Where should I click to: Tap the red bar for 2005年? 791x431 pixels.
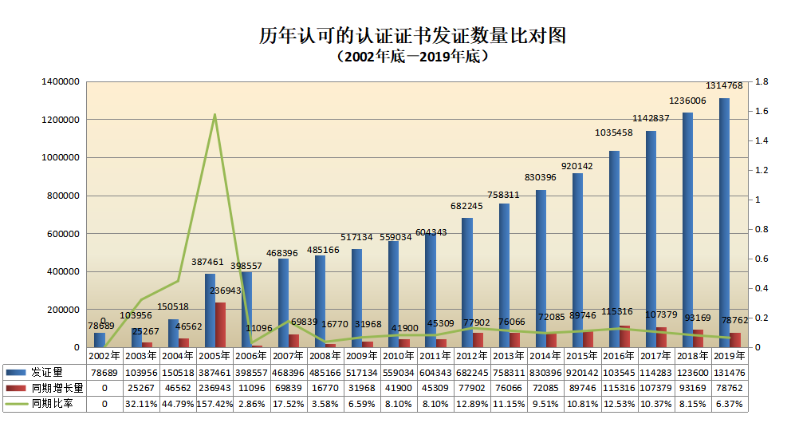pos(220,326)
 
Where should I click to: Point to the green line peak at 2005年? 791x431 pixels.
pos(214,115)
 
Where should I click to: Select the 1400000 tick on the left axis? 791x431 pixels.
pos(61,81)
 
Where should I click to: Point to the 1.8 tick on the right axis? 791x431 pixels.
pos(761,81)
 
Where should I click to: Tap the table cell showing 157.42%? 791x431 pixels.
pos(214,404)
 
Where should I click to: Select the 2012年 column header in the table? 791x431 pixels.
pos(473,356)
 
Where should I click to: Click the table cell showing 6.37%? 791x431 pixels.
pos(729,404)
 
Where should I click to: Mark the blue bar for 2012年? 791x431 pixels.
pos(467,283)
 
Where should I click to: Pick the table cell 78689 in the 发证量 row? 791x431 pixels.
pos(104,372)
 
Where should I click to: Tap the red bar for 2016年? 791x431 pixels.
pos(624,337)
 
